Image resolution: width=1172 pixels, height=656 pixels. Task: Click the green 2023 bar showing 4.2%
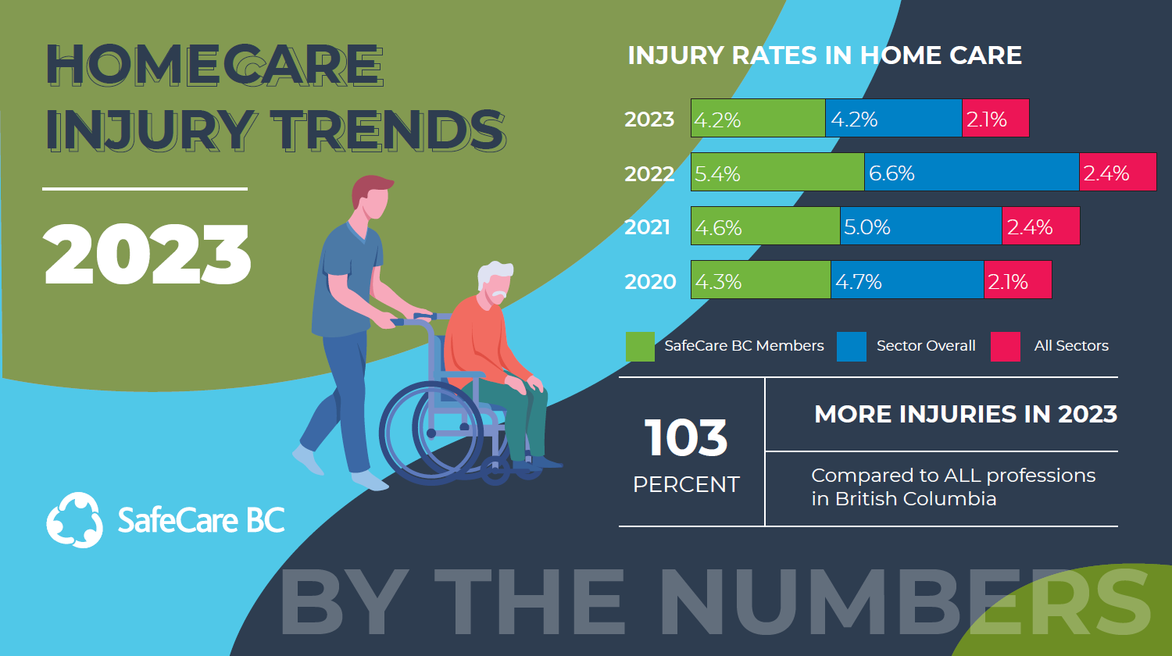pos(758,118)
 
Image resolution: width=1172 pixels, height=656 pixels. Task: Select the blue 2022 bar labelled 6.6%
pos(972,172)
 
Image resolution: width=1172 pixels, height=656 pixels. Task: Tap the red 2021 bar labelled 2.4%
pos(1042,226)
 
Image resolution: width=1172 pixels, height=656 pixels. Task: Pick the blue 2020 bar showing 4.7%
pos(908,280)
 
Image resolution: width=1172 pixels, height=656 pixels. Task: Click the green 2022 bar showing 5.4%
pos(778,172)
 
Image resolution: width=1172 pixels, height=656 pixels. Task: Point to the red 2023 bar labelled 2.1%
pos(995,118)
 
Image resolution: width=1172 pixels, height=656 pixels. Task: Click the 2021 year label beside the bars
pos(648,227)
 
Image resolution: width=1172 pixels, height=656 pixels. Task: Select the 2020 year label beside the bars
pos(650,281)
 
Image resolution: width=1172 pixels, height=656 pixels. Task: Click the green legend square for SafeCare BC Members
pos(641,346)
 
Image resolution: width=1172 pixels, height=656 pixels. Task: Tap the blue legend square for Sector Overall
pos(852,346)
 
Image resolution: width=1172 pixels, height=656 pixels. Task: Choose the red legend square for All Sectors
pos(1006,346)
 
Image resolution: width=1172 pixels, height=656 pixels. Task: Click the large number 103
pos(686,437)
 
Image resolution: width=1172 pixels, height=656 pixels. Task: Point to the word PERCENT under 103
pos(687,484)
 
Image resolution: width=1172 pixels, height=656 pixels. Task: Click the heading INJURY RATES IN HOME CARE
pos(824,55)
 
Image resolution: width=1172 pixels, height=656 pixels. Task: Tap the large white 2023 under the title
pos(147,255)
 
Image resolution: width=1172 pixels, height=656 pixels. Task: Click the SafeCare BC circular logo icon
pos(74,521)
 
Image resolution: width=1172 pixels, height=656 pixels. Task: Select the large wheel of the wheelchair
pos(431,433)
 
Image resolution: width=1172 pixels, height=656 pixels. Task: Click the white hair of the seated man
pos(494,274)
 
